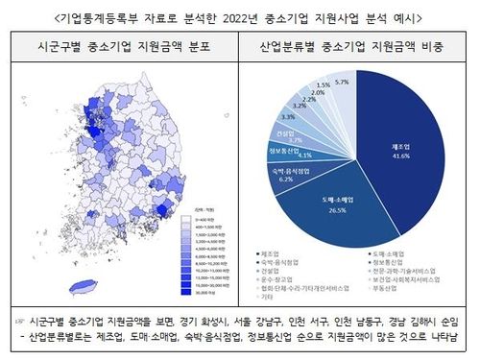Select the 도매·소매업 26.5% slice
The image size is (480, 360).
pos(336,206)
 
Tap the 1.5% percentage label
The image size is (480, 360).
pos(325,84)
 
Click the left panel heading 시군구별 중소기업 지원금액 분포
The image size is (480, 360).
pos(122,44)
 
